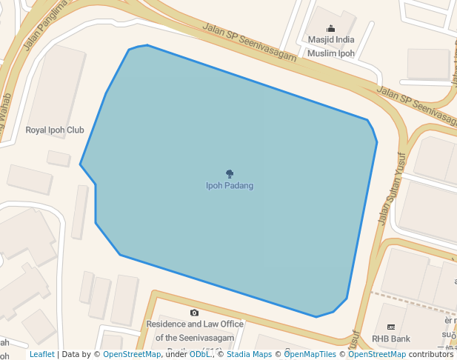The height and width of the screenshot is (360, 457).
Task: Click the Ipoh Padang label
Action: click(x=230, y=185)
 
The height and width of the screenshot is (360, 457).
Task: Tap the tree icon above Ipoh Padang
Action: click(x=230, y=174)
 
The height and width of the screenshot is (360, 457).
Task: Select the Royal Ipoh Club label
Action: click(x=55, y=130)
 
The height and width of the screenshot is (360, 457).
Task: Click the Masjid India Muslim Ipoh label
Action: click(x=330, y=47)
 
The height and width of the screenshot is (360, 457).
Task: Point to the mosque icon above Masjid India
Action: click(x=330, y=29)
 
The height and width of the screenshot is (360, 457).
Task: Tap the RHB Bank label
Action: click(x=391, y=339)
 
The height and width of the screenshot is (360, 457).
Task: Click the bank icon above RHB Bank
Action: click(x=391, y=327)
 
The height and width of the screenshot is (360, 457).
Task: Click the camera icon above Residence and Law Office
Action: click(x=194, y=313)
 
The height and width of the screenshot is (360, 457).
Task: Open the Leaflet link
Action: click(x=41, y=355)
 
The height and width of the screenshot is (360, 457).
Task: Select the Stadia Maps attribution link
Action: click(x=249, y=355)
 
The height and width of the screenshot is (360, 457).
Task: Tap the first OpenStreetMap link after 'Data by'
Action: click(x=132, y=355)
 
